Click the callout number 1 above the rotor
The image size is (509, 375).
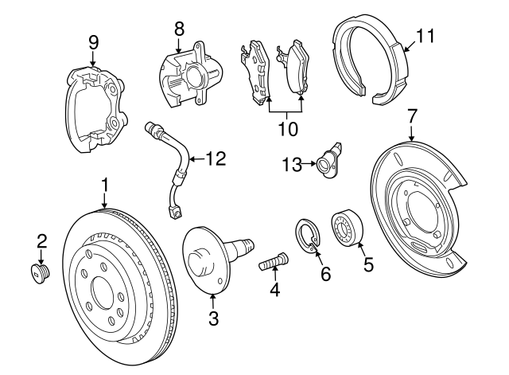[x=103, y=185]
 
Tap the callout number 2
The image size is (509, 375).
[x=41, y=240]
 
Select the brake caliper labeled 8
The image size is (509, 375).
[x=185, y=74]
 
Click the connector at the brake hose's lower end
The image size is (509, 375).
[x=176, y=212]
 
